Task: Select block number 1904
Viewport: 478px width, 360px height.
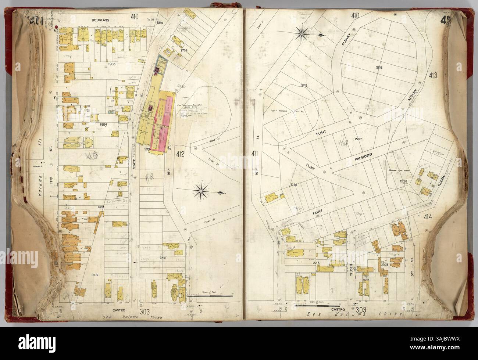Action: [103, 125]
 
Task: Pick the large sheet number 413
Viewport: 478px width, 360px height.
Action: [432, 76]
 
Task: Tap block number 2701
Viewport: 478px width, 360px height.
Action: [163, 258]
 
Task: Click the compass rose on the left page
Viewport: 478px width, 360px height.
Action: [204, 190]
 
